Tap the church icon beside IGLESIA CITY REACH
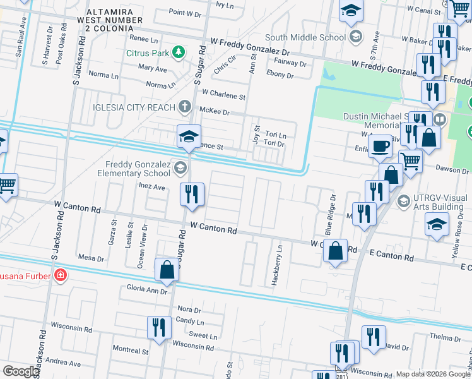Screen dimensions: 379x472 tap(184, 107)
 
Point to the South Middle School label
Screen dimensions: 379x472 tap(305, 37)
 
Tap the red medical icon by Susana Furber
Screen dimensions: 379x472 tap(60, 275)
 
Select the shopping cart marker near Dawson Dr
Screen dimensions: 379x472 tap(410, 161)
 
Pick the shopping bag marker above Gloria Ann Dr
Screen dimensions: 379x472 tap(167, 270)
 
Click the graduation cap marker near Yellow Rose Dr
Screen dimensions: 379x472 tap(437, 225)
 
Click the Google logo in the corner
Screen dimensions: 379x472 tap(21, 371)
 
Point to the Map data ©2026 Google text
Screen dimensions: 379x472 tap(433, 374)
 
